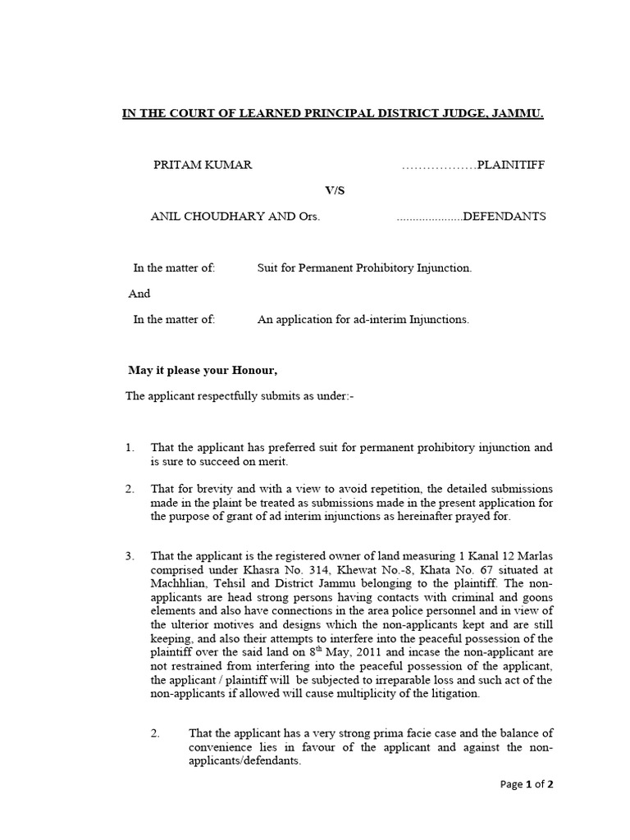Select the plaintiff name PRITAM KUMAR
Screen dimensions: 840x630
tap(203, 165)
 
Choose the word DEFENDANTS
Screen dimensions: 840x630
tap(504, 217)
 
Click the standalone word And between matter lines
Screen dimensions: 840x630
tap(140, 293)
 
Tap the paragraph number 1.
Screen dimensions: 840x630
tap(130, 448)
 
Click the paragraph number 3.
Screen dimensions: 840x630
tap(130, 556)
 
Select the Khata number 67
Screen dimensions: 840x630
tap(475, 569)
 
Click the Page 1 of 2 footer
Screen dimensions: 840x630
tap(527, 784)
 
